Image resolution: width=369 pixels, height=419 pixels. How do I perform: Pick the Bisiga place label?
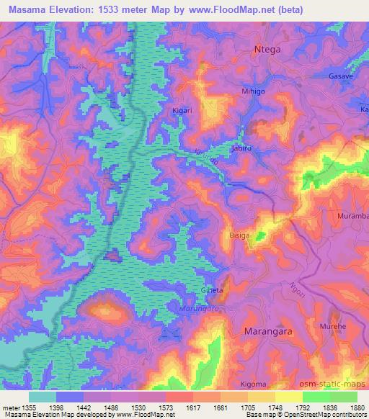coord(239,235)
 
